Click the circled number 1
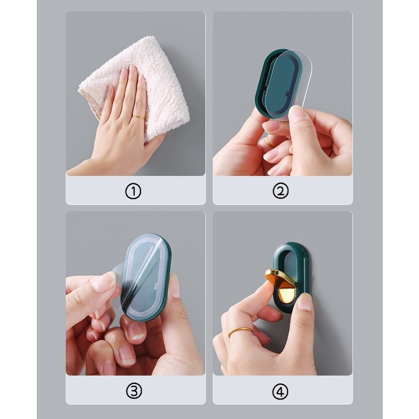pos(133,191)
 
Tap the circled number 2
pos(280,191)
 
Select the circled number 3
pos(134,391)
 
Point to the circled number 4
pos(280,392)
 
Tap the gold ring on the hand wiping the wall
pos(138,117)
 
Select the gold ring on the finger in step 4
pos(240,332)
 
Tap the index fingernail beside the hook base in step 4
pos(305,301)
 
